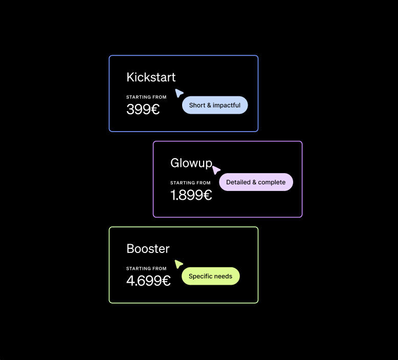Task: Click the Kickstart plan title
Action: (151, 77)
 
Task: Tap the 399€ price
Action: (143, 109)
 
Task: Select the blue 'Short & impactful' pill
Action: (215, 105)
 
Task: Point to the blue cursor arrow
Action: (179, 93)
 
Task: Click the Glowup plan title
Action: (191, 163)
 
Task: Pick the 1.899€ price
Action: (191, 195)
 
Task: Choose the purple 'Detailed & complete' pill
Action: (256, 182)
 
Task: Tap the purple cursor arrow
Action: (216, 170)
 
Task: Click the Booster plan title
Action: (148, 249)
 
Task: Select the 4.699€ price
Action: (148, 281)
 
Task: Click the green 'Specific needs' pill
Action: (210, 276)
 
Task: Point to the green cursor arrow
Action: (179, 264)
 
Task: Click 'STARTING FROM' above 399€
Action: (146, 97)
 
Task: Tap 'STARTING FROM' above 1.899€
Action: (190, 183)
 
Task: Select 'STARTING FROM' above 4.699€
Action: (146, 268)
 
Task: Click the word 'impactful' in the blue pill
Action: (227, 105)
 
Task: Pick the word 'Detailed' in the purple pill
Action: (238, 182)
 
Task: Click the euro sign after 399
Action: (154, 109)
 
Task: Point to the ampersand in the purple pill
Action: (255, 182)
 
